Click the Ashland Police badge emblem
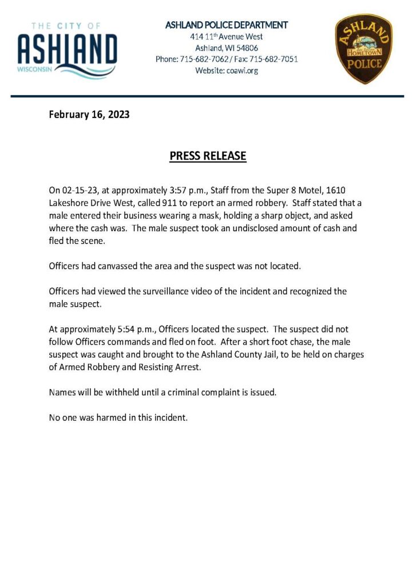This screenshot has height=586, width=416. [363, 49]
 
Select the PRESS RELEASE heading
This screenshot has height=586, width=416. [208, 156]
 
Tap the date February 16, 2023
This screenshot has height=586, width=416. [89, 114]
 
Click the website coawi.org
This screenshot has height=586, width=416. [243, 70]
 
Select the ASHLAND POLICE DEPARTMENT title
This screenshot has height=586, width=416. [227, 25]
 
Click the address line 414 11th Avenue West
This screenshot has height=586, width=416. [227, 37]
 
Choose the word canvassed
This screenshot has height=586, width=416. [119, 267]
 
